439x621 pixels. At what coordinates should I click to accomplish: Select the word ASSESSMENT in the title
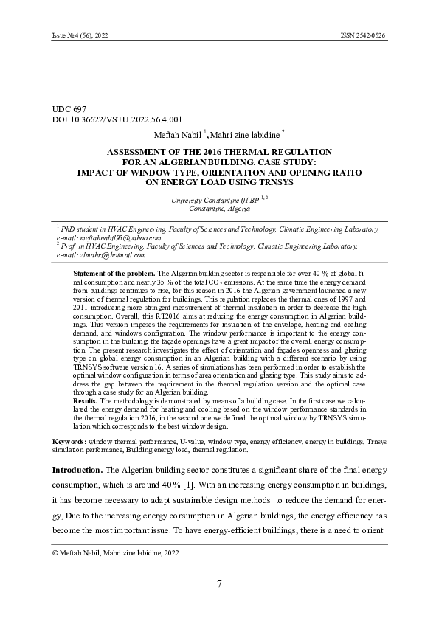(139, 151)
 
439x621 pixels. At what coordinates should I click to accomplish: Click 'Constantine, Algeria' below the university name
(219, 209)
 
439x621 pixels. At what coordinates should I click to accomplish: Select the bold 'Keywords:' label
(69, 441)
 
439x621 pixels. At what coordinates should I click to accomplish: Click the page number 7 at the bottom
(219, 585)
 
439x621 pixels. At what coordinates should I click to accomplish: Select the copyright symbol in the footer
(55, 552)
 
